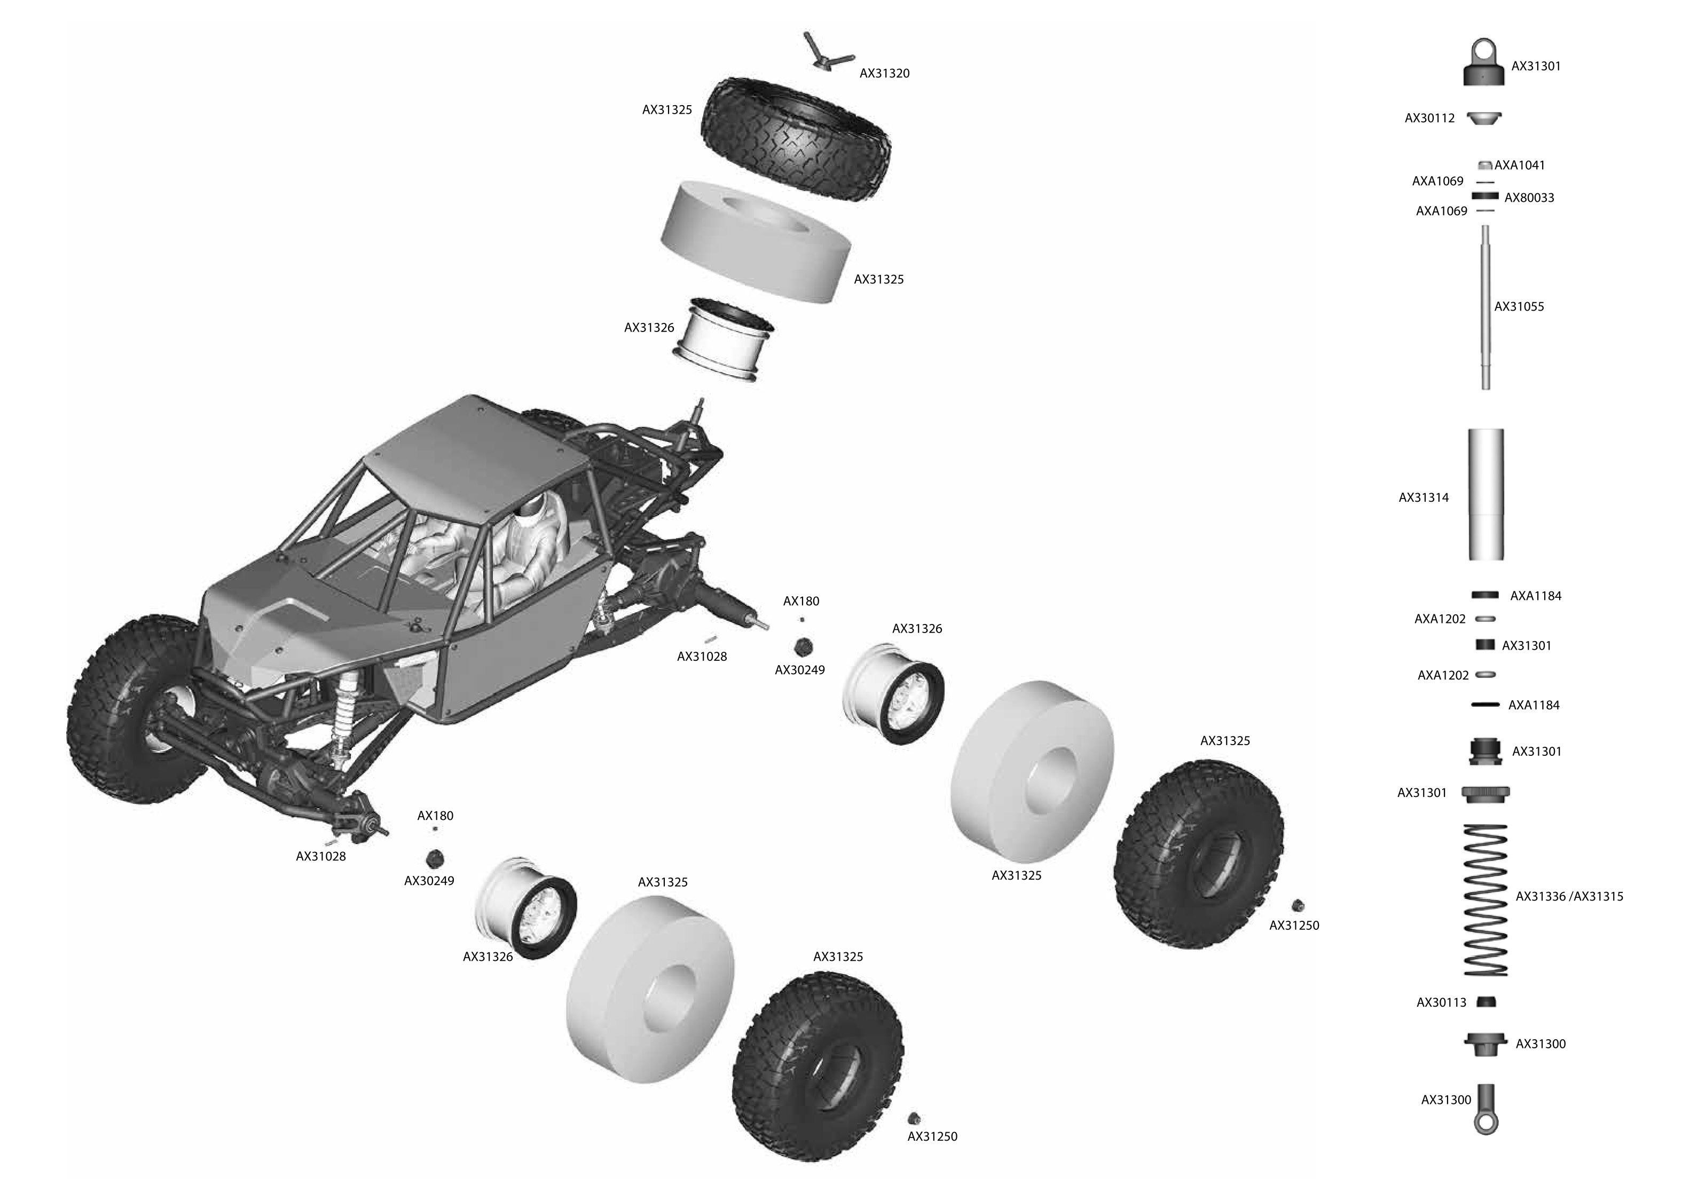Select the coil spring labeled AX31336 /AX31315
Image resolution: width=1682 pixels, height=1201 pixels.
click(x=1485, y=900)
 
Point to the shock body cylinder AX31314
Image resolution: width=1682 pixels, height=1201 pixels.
click(x=1485, y=493)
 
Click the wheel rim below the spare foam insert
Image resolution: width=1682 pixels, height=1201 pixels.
click(x=724, y=340)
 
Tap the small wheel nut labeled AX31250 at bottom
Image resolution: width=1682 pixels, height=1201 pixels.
click(x=914, y=1118)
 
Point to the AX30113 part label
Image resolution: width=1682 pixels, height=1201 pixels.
click(x=1441, y=1003)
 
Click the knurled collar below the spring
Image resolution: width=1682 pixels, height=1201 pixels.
click(x=1485, y=1044)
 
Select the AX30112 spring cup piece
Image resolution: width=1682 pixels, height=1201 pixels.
click(x=1484, y=117)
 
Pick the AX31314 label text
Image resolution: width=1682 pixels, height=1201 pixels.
click(x=1423, y=497)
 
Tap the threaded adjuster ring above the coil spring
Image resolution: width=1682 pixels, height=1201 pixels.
click(x=1485, y=793)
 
